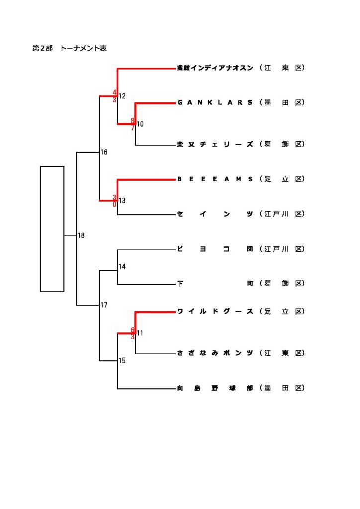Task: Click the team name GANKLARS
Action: pyautogui.click(x=215, y=103)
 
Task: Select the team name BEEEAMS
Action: pyautogui.click(x=215, y=179)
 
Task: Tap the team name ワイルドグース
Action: pyautogui.click(x=215, y=312)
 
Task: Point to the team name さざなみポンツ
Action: pyautogui.click(x=215, y=353)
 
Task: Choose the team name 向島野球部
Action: pyautogui.click(x=215, y=388)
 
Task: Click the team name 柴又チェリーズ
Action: pyautogui.click(x=215, y=145)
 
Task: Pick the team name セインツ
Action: pyautogui.click(x=215, y=214)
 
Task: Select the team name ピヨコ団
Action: pyautogui.click(x=215, y=249)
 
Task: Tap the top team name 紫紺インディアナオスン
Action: pyautogui.click(x=215, y=68)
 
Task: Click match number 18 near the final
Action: pyautogui.click(x=81, y=235)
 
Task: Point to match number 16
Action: pyautogui.click(x=104, y=152)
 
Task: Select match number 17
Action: pyautogui.click(x=104, y=305)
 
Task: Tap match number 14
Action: pyautogui.click(x=122, y=267)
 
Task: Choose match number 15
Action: pyautogui.click(x=122, y=361)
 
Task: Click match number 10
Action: pyautogui.click(x=140, y=124)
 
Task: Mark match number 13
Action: pyautogui.click(x=122, y=201)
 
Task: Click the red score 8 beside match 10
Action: pyautogui.click(x=133, y=120)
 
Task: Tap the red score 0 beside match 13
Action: pyautogui.click(x=115, y=204)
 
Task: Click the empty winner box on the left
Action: pyautogui.click(x=52, y=228)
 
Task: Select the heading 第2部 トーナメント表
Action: pyautogui.click(x=70, y=49)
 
